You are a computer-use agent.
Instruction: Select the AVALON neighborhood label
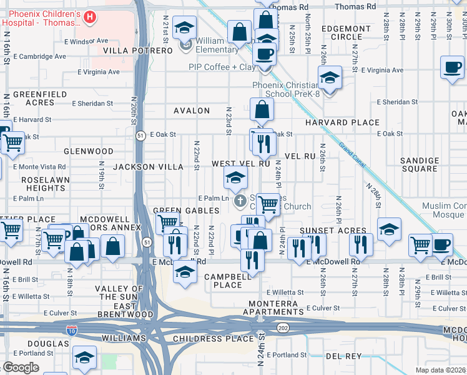coord(192,111)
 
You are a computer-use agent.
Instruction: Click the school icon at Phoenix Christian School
coord(329,78)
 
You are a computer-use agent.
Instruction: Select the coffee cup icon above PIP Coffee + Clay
coord(265,54)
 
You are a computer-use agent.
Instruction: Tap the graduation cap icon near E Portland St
coord(84,358)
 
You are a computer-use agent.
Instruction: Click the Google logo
coord(21,367)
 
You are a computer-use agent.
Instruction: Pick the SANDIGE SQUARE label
coord(420,165)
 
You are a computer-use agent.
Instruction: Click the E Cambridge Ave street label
coord(42,56)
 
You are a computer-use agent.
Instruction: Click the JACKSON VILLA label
coord(148,167)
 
